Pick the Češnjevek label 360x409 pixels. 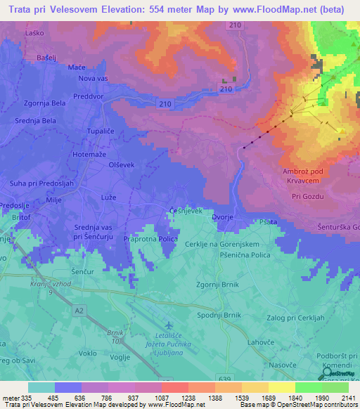[186, 211]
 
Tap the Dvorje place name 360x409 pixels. [223, 218]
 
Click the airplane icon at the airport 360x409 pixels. [169, 325]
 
